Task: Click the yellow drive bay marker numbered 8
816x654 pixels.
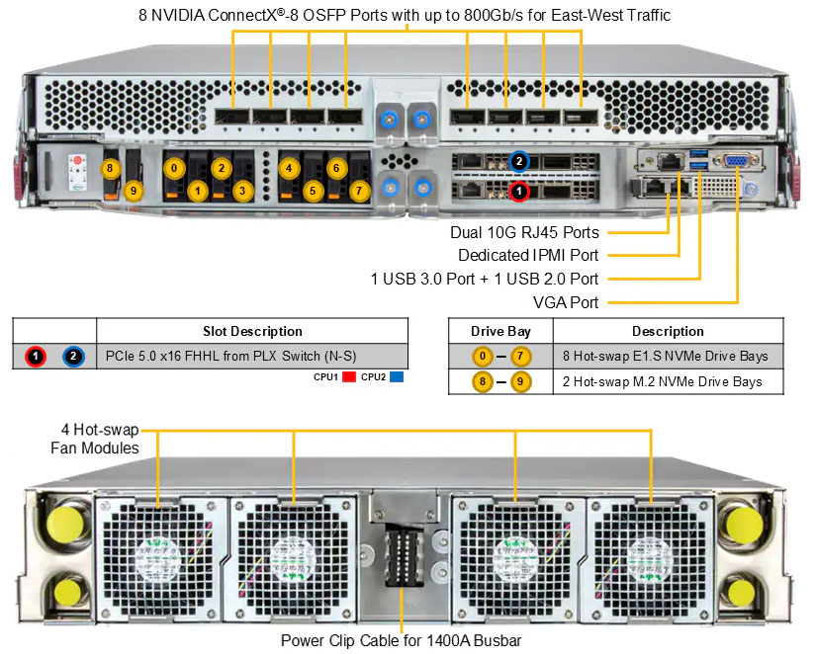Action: (111, 168)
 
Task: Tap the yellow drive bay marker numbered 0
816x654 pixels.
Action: (174, 168)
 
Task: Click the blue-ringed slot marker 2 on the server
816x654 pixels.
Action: (517, 162)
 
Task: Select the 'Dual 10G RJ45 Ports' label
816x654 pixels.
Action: (524, 233)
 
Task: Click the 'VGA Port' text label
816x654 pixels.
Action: (568, 301)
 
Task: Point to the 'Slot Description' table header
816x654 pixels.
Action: (252, 331)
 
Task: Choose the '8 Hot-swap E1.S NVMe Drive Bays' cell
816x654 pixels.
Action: (668, 356)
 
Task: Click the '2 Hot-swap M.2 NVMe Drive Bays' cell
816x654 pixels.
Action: (668, 380)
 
